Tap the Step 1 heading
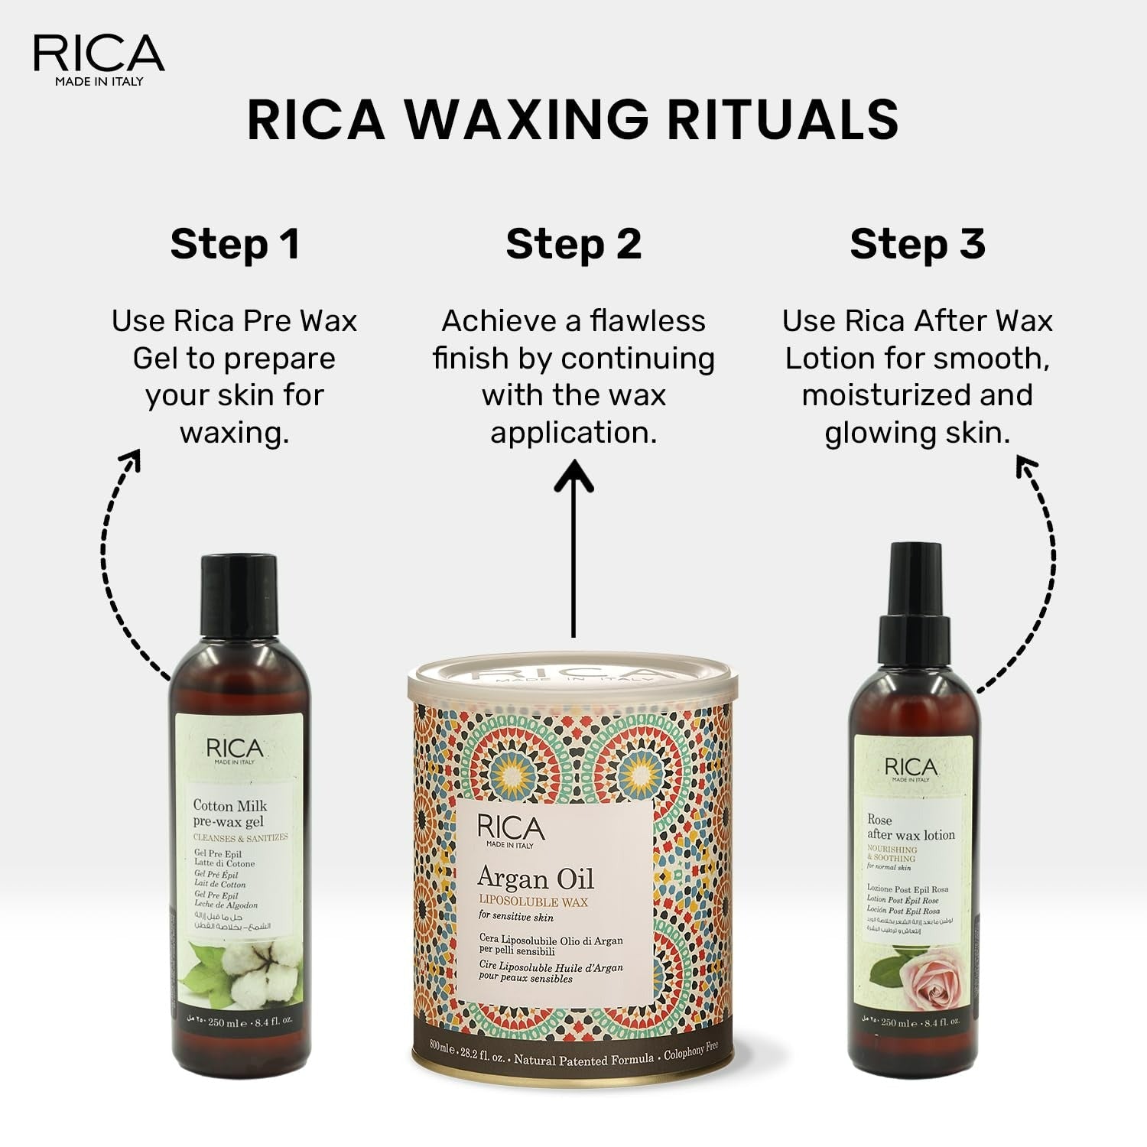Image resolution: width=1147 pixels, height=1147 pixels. (235, 244)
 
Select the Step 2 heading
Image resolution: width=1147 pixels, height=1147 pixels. (573, 244)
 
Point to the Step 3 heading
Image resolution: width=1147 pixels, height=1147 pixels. (917, 244)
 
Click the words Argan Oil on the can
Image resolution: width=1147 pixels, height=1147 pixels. (535, 879)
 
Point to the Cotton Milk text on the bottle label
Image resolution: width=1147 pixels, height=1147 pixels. (229, 805)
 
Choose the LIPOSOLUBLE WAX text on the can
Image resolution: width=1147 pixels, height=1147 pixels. (533, 902)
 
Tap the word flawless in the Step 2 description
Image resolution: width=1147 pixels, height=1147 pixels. (648, 321)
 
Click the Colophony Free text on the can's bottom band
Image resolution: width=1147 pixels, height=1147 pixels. (690, 1051)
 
